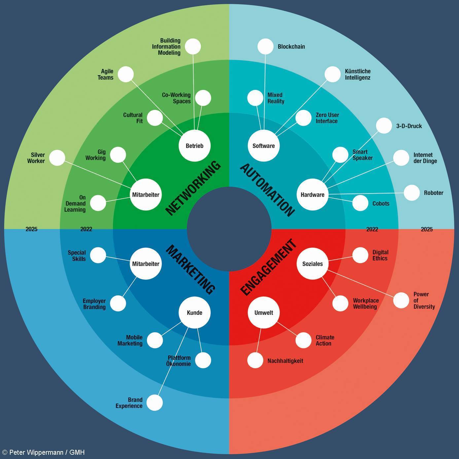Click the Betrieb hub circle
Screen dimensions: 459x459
tap(194, 146)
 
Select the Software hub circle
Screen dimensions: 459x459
tap(264, 146)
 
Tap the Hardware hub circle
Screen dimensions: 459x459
tap(312, 194)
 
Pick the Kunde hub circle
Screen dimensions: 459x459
tap(194, 312)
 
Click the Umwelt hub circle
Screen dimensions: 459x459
tap(264, 312)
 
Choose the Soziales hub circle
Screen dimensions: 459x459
tap(312, 264)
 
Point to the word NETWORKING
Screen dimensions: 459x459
tap(193, 188)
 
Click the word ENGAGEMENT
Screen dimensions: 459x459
tap(268, 267)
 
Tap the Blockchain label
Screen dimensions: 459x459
tap(291, 47)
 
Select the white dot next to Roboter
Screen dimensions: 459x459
tap(412, 193)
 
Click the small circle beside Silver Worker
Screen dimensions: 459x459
tap(57, 158)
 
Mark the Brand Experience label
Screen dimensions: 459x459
tap(129, 403)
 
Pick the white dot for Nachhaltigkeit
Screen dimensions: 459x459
tap(255, 360)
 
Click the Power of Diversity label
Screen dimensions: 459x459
tap(424, 300)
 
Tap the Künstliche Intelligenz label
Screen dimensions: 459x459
tap(358, 74)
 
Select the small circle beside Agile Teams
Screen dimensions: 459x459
tap(126, 74)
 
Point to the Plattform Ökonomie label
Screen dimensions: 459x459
tap(179, 361)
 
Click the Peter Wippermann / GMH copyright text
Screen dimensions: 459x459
tap(43, 452)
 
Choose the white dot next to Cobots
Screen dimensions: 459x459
tap(360, 203)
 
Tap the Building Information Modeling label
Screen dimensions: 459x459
tap(166, 47)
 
